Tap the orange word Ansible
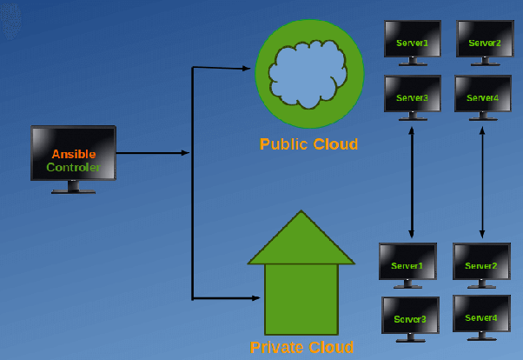pyautogui.click(x=74, y=154)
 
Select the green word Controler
pyautogui.click(x=74, y=167)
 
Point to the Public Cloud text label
pyautogui.click(x=308, y=144)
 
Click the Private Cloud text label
pyautogui.click(x=301, y=348)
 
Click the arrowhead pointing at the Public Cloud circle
pyautogui.click(x=247, y=68)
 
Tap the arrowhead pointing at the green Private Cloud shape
pyautogui.click(x=255, y=298)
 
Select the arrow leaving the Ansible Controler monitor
pyautogui.click(x=152, y=153)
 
